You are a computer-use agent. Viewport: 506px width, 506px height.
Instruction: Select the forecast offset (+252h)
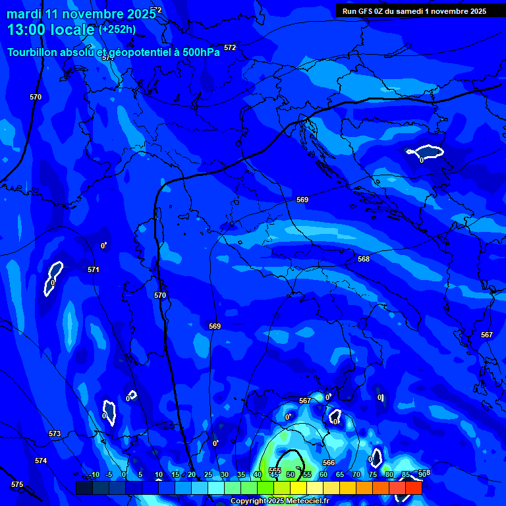117,30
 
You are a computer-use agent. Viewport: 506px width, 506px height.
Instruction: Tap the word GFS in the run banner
364,11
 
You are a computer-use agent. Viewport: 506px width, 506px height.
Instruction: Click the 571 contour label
93,269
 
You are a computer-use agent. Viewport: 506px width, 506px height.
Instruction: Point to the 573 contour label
55,434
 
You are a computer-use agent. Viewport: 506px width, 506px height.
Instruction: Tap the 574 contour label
41,461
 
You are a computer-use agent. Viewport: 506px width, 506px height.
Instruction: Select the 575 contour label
17,484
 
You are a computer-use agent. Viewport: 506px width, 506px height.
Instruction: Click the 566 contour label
329,463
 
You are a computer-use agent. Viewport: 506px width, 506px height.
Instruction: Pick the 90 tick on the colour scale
422,474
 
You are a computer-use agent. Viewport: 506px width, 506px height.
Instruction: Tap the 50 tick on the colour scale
290,474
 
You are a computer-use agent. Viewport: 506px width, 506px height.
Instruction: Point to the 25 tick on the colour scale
208,474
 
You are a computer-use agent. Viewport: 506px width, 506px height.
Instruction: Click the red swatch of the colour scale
413,488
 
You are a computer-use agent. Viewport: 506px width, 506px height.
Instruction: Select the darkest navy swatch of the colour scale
84,488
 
